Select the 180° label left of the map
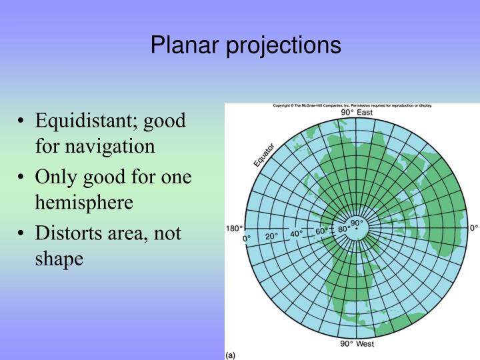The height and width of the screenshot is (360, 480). tap(235, 228)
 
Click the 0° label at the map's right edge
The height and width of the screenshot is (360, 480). tap(474, 228)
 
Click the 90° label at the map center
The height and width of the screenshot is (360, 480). tap(356, 223)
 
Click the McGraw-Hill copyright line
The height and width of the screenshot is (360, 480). tap(352, 106)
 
